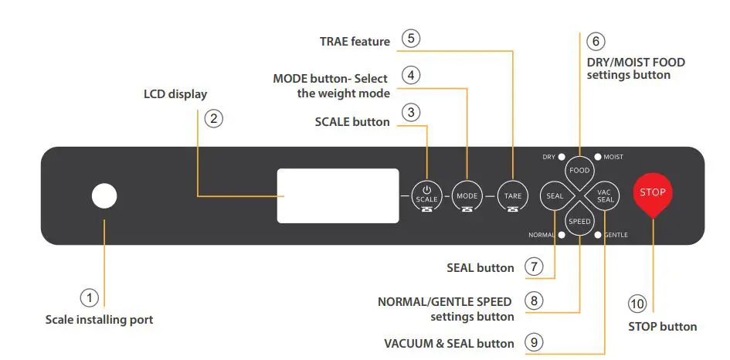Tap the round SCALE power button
(426, 195)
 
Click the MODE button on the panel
(467, 195)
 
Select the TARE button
(513, 195)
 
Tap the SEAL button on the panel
(555, 195)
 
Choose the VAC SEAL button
(606, 195)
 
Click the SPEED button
(579, 221)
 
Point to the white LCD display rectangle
(338, 196)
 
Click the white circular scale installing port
(104, 196)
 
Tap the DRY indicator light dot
(562, 157)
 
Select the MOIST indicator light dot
(597, 157)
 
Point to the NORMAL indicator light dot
(562, 234)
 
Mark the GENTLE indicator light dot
(597, 234)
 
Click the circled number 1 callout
(90, 297)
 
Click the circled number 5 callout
(411, 39)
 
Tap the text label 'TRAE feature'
(355, 41)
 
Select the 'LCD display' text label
(175, 94)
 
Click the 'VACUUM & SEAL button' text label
(449, 343)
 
